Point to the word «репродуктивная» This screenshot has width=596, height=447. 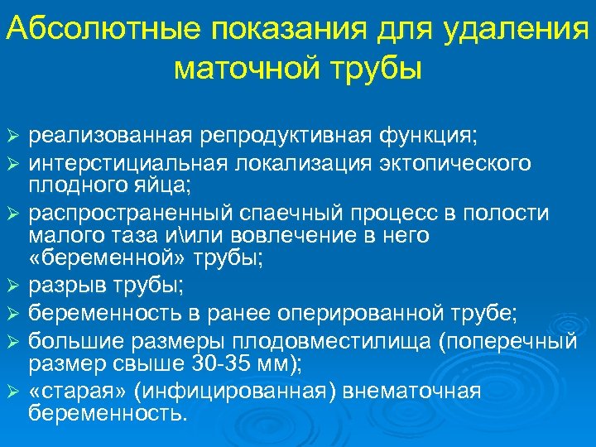point(282,134)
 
